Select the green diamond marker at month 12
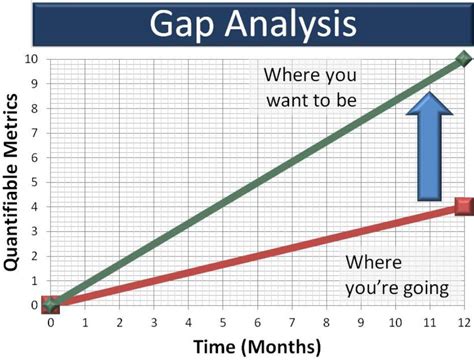(463, 59)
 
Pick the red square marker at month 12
(463, 207)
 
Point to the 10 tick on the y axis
(34, 60)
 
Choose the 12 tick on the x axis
(462, 322)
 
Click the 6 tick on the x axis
(256, 322)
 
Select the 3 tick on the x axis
(153, 322)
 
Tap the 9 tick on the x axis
(359, 322)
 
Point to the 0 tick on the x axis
(50, 322)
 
